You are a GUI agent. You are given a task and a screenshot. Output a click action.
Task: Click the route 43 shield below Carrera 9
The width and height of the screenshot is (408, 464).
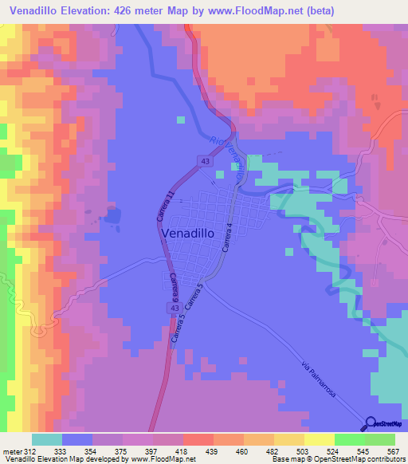tap(173, 307)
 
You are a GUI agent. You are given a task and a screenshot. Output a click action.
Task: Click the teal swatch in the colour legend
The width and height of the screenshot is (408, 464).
tap(47, 439)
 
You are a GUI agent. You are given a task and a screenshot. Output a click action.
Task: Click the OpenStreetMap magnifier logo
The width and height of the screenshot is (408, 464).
tap(371, 423)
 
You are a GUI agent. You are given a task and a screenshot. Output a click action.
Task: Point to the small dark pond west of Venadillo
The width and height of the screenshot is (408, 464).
tap(112, 215)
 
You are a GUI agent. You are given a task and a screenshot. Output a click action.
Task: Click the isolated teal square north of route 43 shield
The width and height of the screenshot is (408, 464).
tap(181, 120)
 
